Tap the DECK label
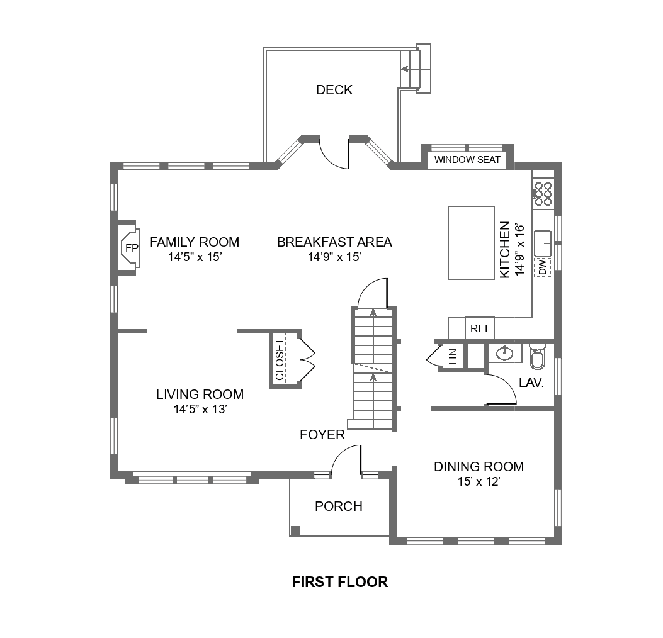334,90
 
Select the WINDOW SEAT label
467,160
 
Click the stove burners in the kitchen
543,194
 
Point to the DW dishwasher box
542,268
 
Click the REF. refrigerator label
482,328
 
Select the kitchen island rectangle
471,242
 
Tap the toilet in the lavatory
537,356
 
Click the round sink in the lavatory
505,352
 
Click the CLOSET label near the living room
280,360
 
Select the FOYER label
322,435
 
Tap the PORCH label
339,506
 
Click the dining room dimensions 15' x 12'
479,482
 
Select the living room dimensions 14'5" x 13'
200,410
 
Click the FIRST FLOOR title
340,582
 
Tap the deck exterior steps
416,68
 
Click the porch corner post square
295,530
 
